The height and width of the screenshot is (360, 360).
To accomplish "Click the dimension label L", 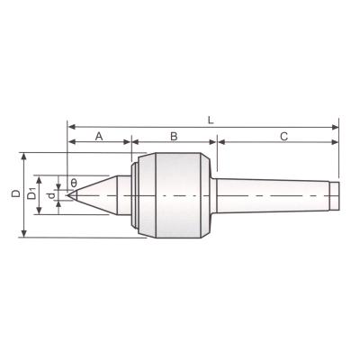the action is pyautogui.click(x=211, y=121).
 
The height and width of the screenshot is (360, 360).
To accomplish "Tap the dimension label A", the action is pyautogui.click(x=99, y=137).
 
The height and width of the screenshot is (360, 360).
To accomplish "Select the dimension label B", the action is pyautogui.click(x=174, y=137).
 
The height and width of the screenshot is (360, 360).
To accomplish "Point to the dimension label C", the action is pyautogui.click(x=283, y=137).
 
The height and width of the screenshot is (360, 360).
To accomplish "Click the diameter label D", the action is pyautogui.click(x=15, y=193).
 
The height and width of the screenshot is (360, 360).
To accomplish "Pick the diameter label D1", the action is pyautogui.click(x=31, y=193).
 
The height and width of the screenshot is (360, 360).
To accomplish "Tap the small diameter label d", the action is pyautogui.click(x=51, y=196).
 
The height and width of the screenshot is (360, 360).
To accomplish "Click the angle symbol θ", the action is pyautogui.click(x=74, y=183).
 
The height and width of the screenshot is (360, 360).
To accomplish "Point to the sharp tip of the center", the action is pyautogui.click(x=67, y=195).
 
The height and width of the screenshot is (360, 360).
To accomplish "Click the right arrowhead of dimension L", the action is pyautogui.click(x=335, y=127).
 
